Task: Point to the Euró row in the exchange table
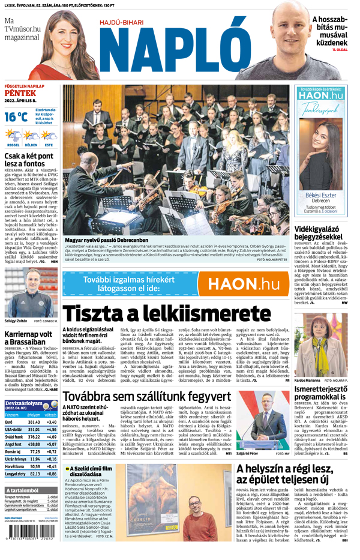tap(30, 422)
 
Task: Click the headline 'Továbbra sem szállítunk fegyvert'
tap(147, 397)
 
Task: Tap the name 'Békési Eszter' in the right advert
tap(322, 196)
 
